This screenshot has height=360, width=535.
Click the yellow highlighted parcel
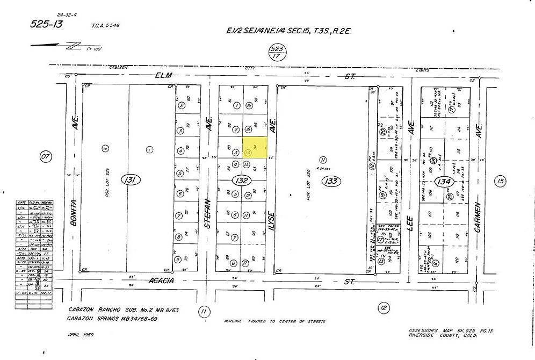[x=254, y=147]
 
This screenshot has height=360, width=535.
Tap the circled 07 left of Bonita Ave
[x=46, y=157]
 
